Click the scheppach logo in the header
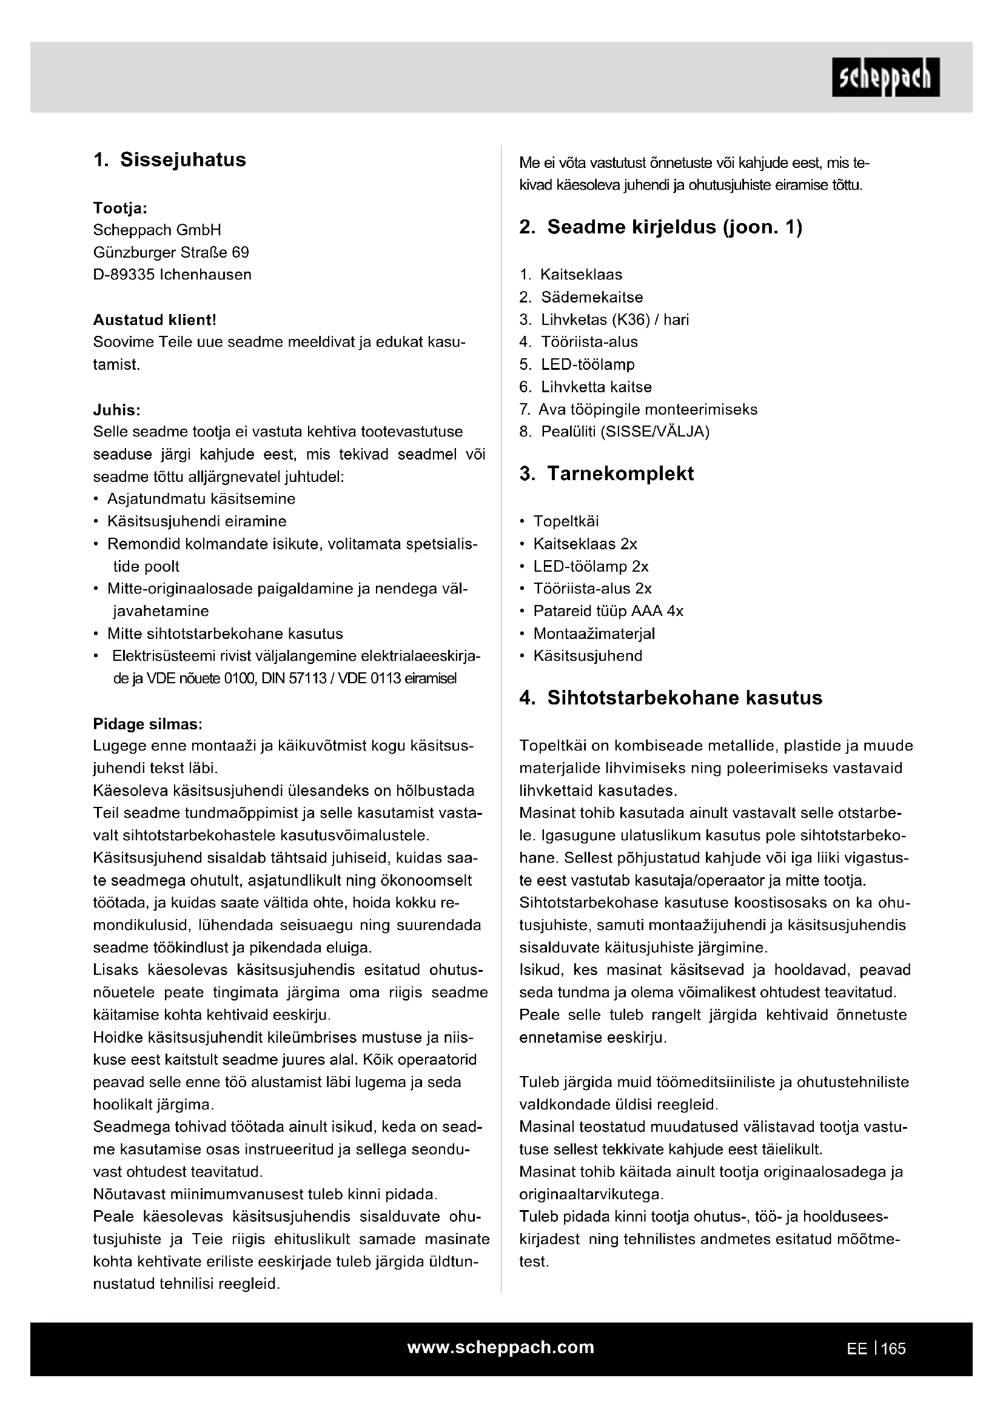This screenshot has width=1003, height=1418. coord(885,77)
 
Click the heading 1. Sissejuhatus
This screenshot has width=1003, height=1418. coord(170,160)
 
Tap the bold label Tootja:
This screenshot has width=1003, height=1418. coord(121,208)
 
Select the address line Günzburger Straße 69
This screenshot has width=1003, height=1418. coord(171,253)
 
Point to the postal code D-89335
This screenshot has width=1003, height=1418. coord(124,275)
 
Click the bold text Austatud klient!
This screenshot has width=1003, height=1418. coord(155,320)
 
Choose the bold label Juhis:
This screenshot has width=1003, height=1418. coord(116,410)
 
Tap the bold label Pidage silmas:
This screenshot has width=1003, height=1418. coord(147,724)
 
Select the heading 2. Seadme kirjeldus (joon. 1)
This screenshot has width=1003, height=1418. coord(661,227)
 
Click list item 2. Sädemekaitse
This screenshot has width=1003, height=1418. coord(581,297)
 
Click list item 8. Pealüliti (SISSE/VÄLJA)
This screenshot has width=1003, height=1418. coord(614,432)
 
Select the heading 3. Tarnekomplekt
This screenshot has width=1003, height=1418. coord(606,473)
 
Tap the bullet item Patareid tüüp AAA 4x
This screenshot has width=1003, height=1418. coord(608,612)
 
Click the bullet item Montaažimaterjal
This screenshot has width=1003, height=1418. coord(594,634)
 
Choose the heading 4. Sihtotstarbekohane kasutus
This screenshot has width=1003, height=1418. coord(671,698)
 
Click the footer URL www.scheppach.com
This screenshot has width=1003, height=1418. coord(501,1348)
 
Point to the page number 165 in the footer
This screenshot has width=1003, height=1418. coord(894,1349)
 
